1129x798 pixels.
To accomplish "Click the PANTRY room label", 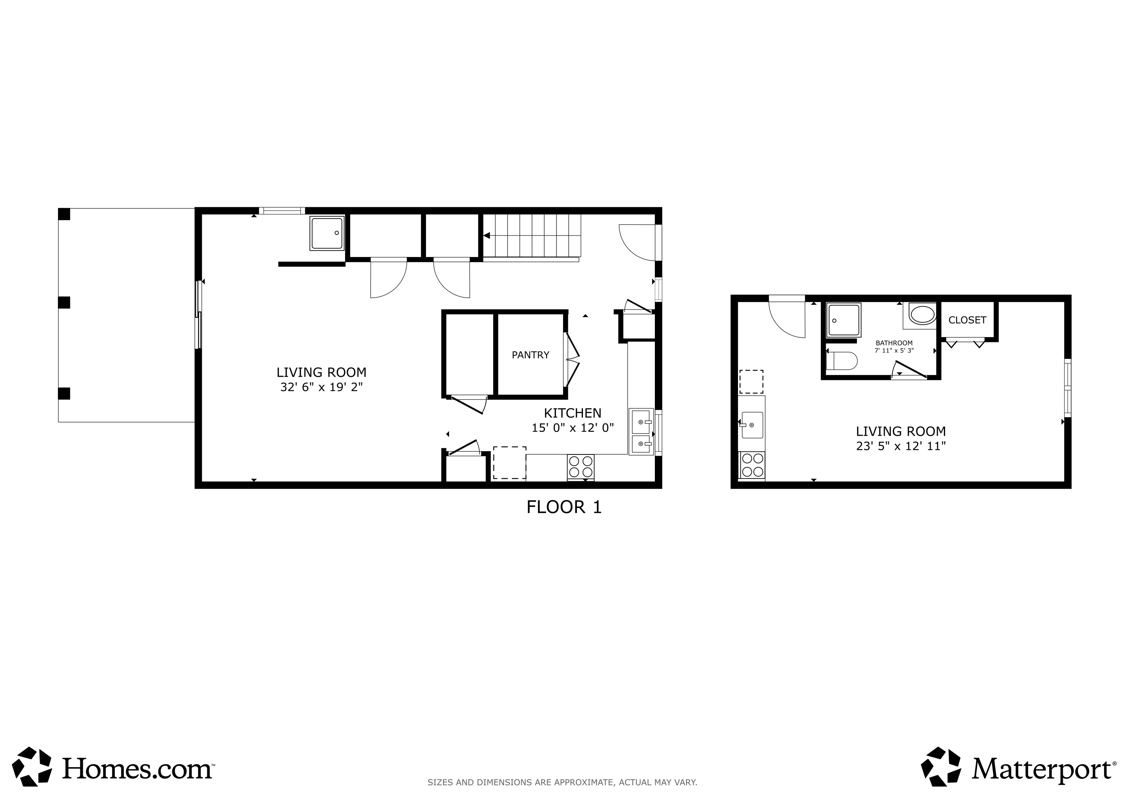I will pyautogui.click(x=530, y=355).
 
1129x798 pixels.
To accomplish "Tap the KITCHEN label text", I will pyautogui.click(x=572, y=413).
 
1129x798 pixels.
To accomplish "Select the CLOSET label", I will pyautogui.click(x=967, y=320).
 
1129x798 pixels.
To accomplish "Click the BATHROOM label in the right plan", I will pyautogui.click(x=894, y=343).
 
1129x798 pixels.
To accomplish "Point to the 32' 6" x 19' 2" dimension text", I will pyautogui.click(x=321, y=388).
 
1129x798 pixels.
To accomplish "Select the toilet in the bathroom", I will pyautogui.click(x=842, y=360).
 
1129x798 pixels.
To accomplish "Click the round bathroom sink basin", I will pyautogui.click(x=922, y=315).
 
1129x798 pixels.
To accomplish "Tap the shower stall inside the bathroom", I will pyautogui.click(x=844, y=319).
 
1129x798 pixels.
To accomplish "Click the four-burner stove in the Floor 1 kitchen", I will pyautogui.click(x=581, y=467).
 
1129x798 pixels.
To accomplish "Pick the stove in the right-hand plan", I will pyautogui.click(x=752, y=465).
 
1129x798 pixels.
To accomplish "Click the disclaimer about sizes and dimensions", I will pyautogui.click(x=562, y=782).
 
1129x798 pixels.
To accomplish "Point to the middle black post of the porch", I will pyautogui.click(x=64, y=302).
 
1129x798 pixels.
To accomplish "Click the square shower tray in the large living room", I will pyautogui.click(x=327, y=233).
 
